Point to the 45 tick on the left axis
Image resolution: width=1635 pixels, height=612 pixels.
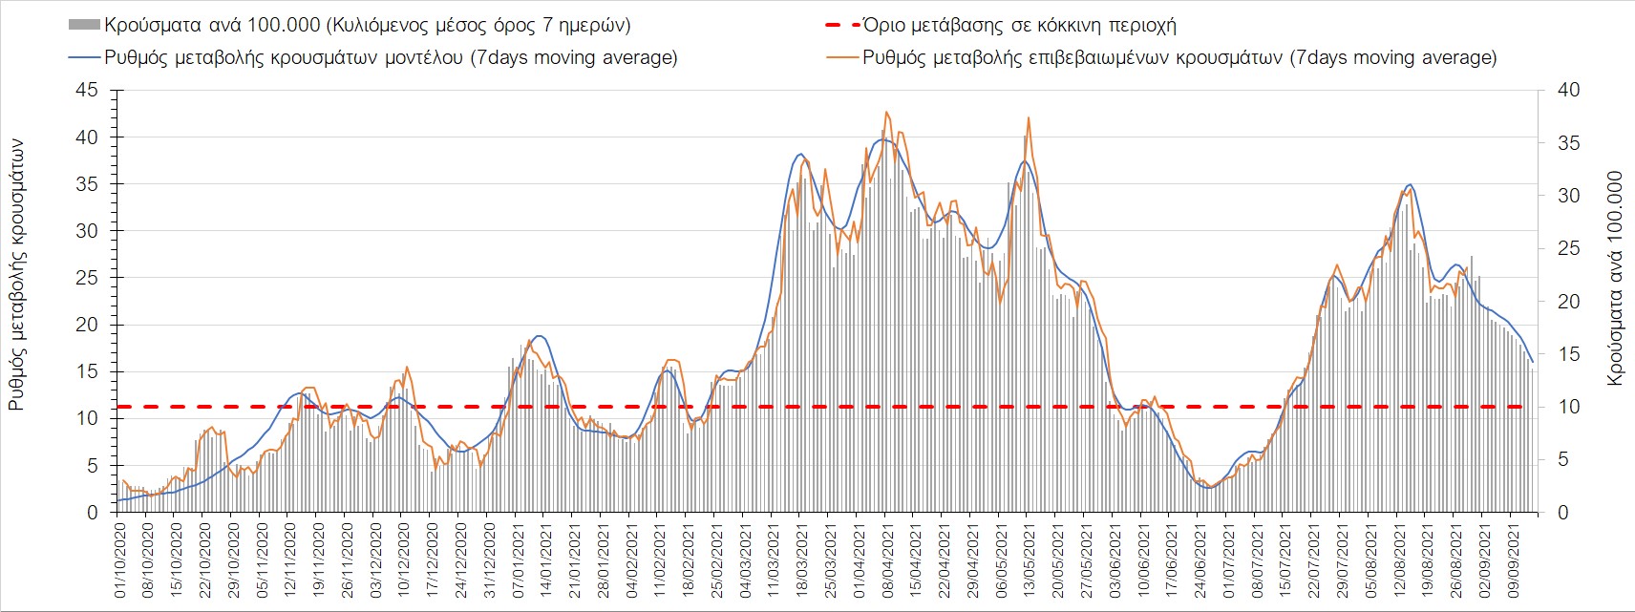coord(87,90)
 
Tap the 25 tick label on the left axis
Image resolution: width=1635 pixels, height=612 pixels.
coord(87,278)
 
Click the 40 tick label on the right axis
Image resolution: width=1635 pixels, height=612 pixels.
coord(1568,90)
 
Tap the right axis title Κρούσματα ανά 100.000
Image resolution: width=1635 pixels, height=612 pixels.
coord(1615,278)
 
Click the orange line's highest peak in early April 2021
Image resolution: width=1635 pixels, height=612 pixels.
coord(887,112)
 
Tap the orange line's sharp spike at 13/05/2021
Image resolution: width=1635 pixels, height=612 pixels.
coord(1029,117)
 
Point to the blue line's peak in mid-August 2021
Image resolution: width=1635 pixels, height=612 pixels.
coord(1410,184)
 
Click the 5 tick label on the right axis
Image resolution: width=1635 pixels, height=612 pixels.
coord(1562,459)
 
